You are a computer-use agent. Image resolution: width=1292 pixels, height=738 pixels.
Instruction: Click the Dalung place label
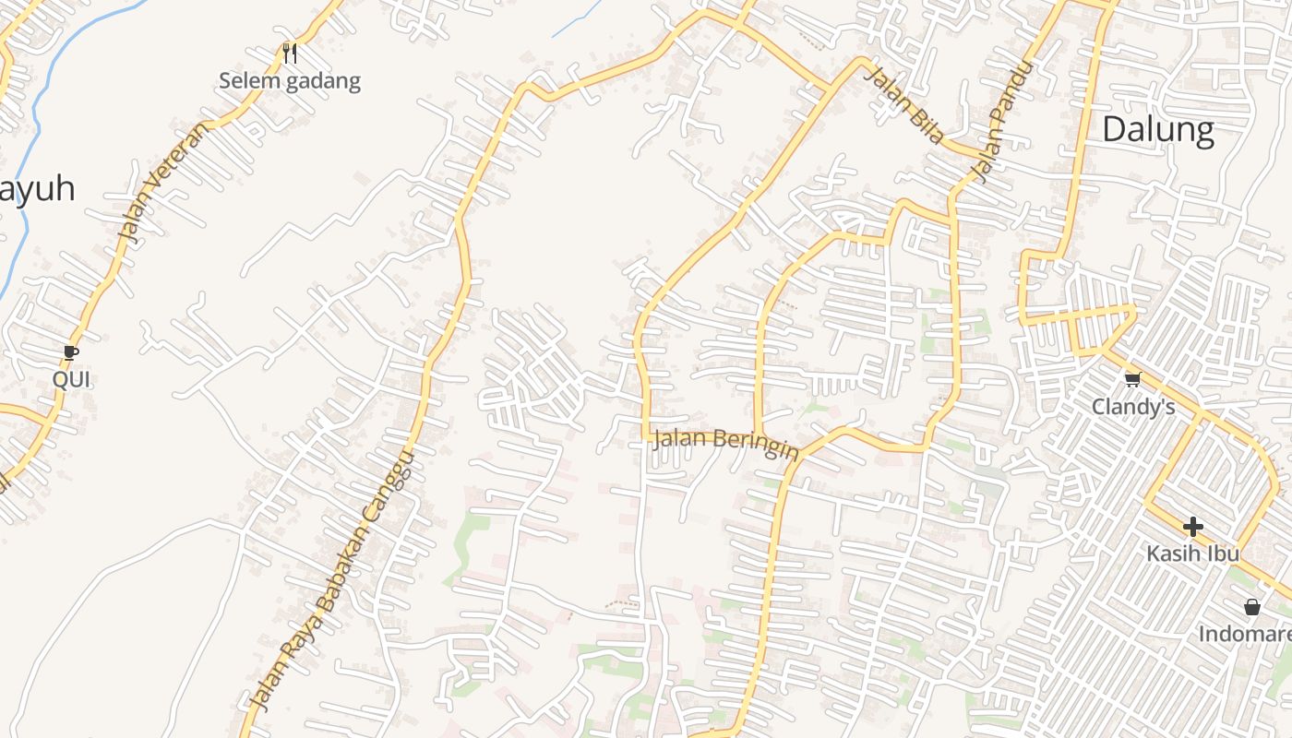point(1157,130)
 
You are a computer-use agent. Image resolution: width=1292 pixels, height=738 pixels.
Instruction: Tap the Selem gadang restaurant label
point(289,81)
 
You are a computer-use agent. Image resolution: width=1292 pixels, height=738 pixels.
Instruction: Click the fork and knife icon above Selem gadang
point(290,54)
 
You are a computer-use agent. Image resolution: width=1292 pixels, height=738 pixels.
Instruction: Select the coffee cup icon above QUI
point(71,351)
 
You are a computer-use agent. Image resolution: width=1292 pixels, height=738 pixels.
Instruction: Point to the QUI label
point(71,379)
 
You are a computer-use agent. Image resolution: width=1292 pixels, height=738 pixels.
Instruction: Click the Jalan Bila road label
point(904,105)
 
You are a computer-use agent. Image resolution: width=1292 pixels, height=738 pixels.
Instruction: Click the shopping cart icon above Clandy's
point(1132,379)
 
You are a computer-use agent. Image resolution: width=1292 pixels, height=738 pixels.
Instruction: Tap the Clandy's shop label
point(1132,407)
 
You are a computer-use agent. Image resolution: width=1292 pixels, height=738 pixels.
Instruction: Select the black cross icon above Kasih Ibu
point(1192,527)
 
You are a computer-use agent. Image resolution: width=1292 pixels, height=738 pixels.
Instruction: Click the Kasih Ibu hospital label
point(1192,553)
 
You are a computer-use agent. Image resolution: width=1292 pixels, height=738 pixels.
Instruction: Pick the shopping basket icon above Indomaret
point(1251,607)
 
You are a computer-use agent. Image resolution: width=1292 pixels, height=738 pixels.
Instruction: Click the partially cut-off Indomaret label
point(1245,635)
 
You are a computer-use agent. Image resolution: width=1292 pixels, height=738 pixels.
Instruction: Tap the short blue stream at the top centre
point(576,19)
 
